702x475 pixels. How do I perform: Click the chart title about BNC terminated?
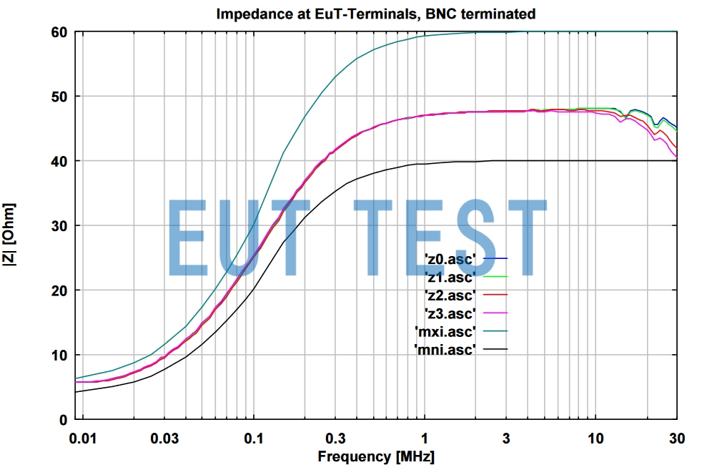click(376, 13)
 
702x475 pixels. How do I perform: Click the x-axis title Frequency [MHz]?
click(376, 456)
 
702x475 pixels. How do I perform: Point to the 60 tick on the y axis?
click(60, 32)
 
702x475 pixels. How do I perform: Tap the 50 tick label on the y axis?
click(60, 97)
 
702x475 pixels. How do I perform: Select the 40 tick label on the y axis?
click(60, 161)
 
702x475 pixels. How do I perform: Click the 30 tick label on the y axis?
click(60, 226)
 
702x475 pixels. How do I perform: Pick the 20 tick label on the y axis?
click(60, 290)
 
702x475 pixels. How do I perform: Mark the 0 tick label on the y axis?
click(64, 420)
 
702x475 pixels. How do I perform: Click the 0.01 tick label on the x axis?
click(83, 438)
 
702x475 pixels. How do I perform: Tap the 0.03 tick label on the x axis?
click(164, 438)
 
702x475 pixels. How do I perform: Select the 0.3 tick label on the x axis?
click(336, 438)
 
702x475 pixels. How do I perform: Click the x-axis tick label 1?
click(425, 438)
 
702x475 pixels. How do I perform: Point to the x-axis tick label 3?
click(507, 438)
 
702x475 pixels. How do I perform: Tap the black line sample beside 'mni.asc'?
click(495, 349)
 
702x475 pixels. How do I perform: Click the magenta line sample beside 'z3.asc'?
click(495, 313)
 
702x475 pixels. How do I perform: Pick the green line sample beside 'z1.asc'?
click(495, 276)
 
